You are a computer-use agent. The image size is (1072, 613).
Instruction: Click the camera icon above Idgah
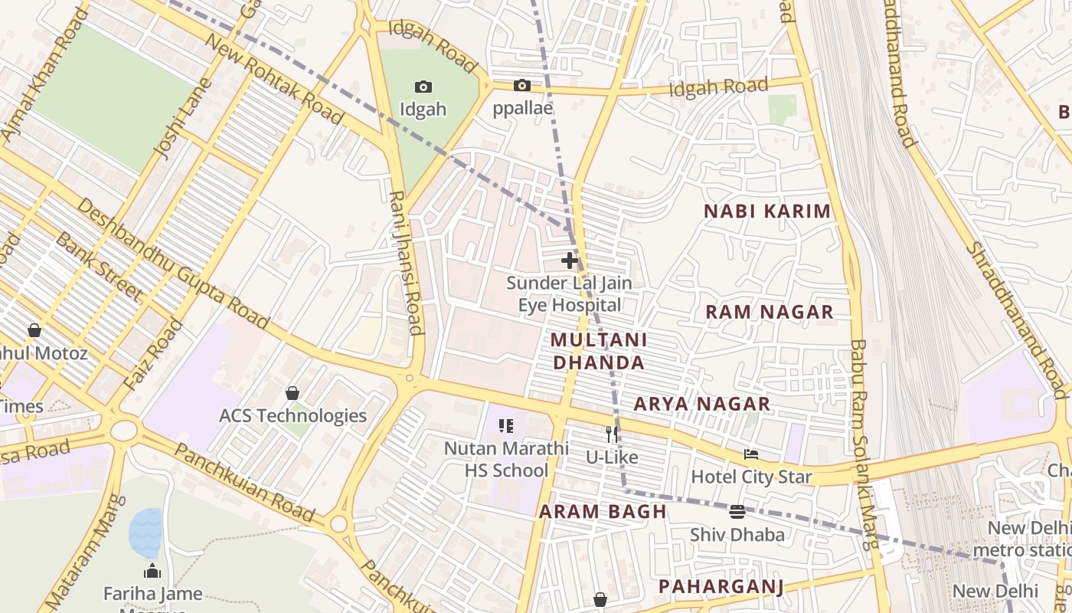(x=423, y=87)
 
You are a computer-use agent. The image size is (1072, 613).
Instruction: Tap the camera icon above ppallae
(x=522, y=86)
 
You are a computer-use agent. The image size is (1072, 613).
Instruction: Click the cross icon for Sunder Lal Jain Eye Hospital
(x=569, y=261)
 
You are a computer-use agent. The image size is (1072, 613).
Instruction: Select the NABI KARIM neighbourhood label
(x=766, y=211)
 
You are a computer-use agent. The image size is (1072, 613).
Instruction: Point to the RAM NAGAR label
(x=769, y=312)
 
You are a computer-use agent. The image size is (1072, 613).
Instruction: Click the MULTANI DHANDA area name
(x=599, y=351)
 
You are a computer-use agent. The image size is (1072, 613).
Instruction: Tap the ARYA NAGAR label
(x=701, y=404)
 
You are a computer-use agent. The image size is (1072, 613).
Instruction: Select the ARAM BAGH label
(x=602, y=512)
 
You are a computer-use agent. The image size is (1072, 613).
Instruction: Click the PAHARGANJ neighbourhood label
(x=721, y=587)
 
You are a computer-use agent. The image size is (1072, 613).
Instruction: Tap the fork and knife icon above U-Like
(x=611, y=434)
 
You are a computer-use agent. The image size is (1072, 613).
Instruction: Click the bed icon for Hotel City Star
(x=750, y=454)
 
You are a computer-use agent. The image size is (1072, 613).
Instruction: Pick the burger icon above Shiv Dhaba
(x=737, y=511)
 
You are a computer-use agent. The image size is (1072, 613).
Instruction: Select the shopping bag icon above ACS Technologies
(x=292, y=393)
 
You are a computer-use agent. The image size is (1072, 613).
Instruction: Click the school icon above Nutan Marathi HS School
(x=505, y=425)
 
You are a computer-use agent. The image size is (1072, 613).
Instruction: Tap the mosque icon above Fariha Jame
(x=152, y=571)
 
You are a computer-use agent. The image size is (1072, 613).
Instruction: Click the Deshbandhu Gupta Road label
(x=173, y=264)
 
